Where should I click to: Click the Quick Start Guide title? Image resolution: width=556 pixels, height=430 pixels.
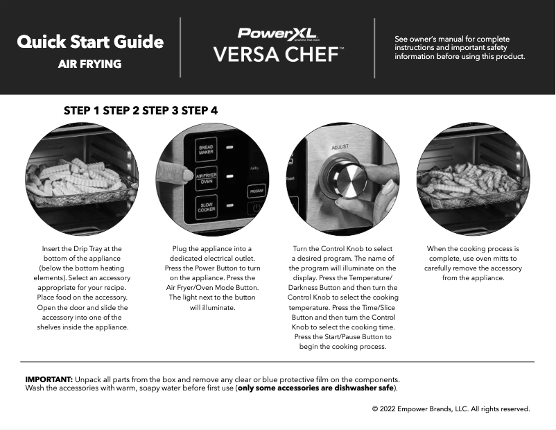point(90,42)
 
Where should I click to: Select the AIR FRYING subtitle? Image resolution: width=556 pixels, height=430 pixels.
point(89,64)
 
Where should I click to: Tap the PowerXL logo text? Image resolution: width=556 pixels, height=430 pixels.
point(277,33)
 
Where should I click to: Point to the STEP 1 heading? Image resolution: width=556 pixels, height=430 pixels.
point(82,110)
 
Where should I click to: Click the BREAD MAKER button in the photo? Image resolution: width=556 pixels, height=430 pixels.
point(206,149)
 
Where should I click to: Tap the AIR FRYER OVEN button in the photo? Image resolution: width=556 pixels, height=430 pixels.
point(206,178)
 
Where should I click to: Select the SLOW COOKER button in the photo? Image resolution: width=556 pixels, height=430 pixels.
point(206,207)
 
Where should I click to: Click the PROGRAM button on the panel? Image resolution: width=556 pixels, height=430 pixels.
point(256,190)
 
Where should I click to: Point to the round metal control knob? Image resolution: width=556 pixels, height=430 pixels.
point(345,178)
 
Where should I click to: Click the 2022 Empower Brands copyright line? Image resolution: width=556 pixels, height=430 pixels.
point(451,409)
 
